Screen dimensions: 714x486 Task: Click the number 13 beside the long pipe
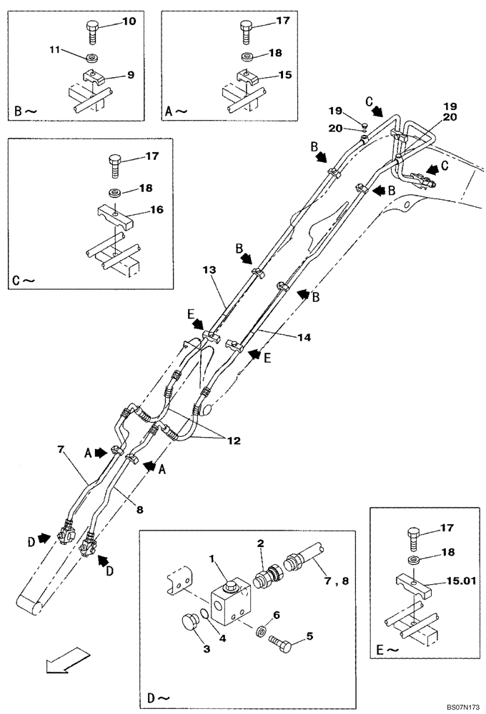pyautogui.click(x=208, y=270)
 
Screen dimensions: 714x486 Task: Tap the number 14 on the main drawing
pyautogui.click(x=304, y=338)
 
